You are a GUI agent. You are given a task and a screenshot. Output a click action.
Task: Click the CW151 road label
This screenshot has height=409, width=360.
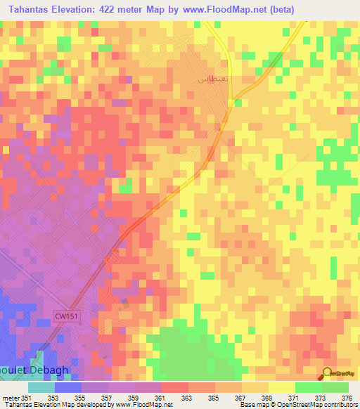pos(66,316)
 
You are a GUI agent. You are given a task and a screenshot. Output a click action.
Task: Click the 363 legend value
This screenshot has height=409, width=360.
pos(188,397)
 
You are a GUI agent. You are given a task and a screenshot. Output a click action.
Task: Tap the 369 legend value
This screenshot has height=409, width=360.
pos(268,397)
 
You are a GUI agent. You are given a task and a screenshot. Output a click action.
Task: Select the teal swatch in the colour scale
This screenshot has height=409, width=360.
pos(41,387)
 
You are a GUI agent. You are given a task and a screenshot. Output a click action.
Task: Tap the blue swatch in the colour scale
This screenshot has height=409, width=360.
pos(67,387)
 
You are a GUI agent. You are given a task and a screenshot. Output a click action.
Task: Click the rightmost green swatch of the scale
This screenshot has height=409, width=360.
pos(335,387)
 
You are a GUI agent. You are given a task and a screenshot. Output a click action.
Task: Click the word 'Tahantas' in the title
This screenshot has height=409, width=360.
pos(26,9)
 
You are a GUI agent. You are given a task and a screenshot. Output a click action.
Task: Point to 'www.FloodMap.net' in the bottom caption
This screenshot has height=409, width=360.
pos(145,405)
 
